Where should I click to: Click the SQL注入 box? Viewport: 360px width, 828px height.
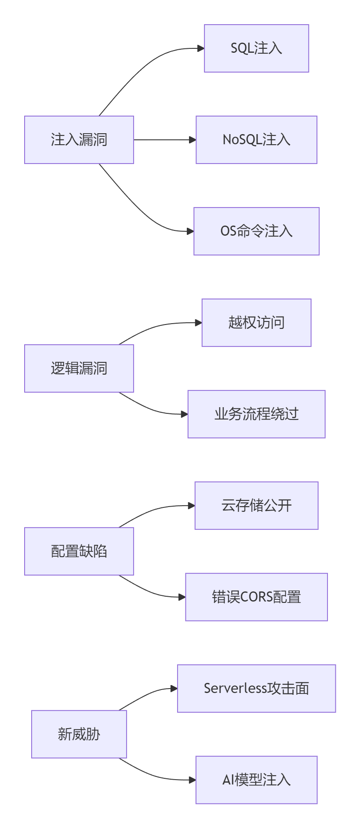point(256,48)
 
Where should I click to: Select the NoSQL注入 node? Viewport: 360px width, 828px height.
point(256,140)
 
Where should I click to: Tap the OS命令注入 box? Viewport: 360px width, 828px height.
point(256,231)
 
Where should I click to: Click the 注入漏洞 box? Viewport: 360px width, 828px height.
point(79,140)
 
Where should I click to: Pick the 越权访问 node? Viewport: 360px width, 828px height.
point(256,323)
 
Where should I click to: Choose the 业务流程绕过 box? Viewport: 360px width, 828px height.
point(256,414)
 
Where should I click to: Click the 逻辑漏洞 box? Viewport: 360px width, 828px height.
point(79,368)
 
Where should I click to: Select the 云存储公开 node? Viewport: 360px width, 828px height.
point(256,506)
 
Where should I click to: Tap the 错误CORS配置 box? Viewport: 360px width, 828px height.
point(256,597)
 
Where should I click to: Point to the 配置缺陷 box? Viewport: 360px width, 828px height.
point(79,551)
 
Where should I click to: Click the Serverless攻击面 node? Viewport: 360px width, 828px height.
point(256,689)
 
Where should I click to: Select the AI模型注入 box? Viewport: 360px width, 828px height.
point(256,780)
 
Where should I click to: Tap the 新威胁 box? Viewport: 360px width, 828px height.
point(79,734)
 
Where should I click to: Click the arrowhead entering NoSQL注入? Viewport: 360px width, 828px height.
point(193,140)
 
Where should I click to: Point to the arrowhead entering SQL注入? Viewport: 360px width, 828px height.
point(201,48)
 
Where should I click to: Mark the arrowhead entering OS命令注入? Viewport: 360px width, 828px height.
point(190,231)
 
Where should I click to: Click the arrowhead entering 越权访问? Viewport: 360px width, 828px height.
point(199,323)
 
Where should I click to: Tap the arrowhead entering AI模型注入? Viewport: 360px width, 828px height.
point(193,780)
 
